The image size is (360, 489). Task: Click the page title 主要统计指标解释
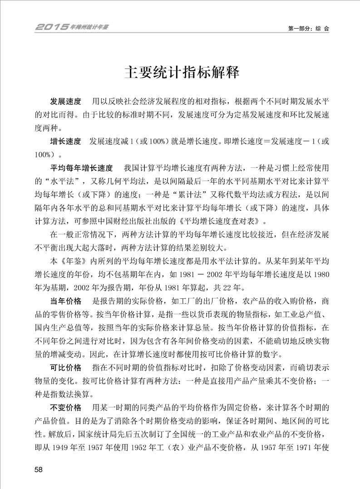tap(181, 73)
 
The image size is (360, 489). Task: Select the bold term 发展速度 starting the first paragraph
tap(65, 101)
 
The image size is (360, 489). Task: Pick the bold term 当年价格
tap(65, 301)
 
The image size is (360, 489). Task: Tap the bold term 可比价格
tap(65, 367)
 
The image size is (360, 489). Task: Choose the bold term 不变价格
tap(65, 406)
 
